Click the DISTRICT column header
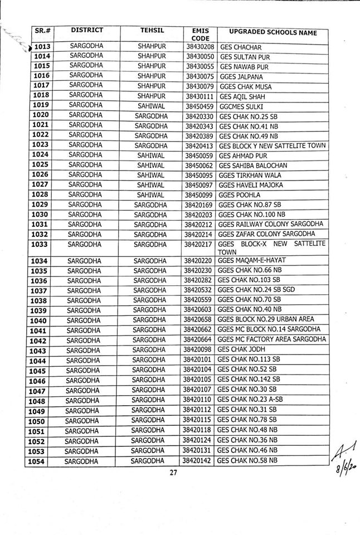point(87,30)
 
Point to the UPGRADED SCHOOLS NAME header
point(269,33)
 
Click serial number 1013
point(42,47)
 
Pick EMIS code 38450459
point(198,106)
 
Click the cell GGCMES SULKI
point(241,106)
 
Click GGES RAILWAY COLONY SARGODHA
point(270,224)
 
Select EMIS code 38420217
point(198,244)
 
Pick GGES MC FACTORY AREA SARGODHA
point(270,340)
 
